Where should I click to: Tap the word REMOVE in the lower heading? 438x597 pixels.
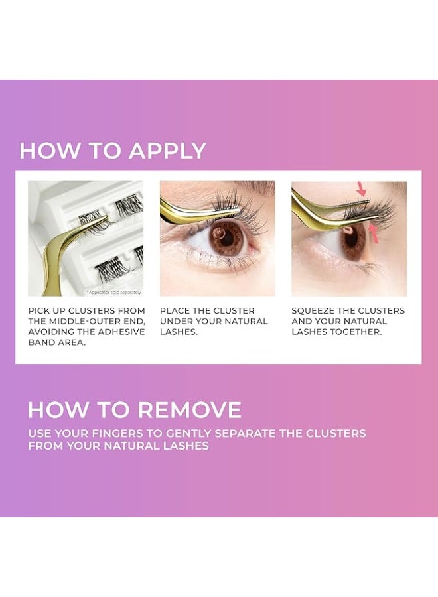click(x=190, y=410)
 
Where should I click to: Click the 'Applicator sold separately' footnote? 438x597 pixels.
click(x=113, y=292)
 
